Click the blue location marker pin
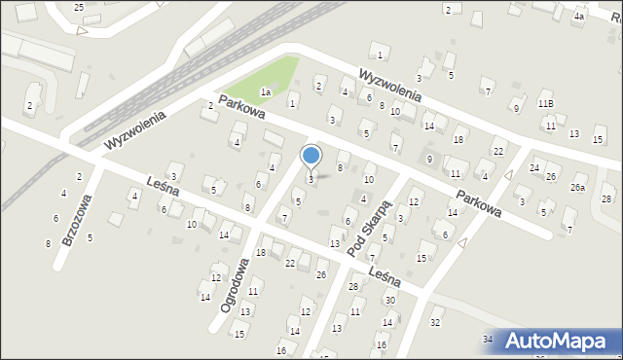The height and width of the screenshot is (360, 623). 311,156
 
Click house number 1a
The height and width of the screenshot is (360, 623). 265,91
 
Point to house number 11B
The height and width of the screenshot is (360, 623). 545,103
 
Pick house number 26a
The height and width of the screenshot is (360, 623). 578,188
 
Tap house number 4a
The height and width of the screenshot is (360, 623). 579,17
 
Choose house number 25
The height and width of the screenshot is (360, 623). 79,7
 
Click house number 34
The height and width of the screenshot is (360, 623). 488,339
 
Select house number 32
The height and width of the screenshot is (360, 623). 435,322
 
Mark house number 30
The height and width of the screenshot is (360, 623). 390,300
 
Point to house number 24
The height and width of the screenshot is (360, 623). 533,168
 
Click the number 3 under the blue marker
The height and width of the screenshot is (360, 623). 311,179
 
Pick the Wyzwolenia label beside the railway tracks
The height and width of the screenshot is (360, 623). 135,129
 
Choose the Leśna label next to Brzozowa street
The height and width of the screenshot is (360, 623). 138,187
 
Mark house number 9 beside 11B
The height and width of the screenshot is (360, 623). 516,107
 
